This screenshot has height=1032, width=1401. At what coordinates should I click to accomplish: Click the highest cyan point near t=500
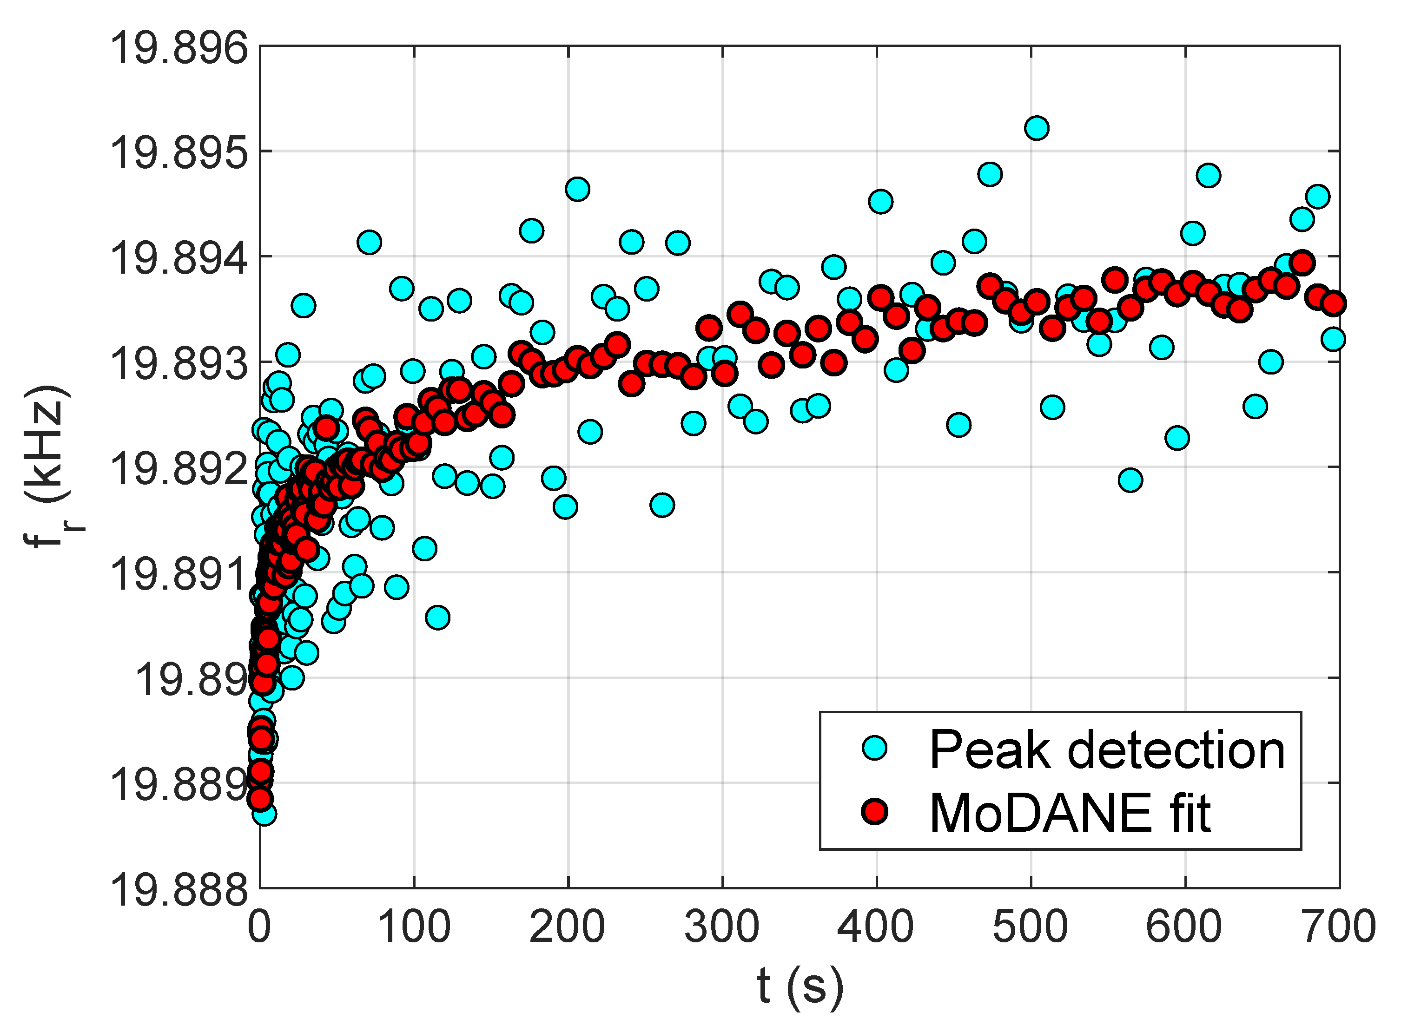tap(1037, 129)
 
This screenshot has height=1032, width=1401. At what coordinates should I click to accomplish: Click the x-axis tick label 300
tap(722, 927)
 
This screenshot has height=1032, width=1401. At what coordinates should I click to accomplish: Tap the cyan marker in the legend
tap(875, 748)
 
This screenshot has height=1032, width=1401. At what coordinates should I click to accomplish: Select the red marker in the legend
tap(875, 811)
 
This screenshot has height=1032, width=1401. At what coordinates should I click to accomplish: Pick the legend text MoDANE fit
tap(1070, 813)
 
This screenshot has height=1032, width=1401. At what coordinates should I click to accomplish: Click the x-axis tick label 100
tap(414, 927)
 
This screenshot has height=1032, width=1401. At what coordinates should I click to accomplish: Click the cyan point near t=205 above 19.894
tap(577, 189)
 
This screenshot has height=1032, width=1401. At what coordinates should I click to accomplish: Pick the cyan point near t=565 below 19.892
tap(1130, 480)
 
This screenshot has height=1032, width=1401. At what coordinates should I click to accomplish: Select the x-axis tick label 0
tap(260, 927)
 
